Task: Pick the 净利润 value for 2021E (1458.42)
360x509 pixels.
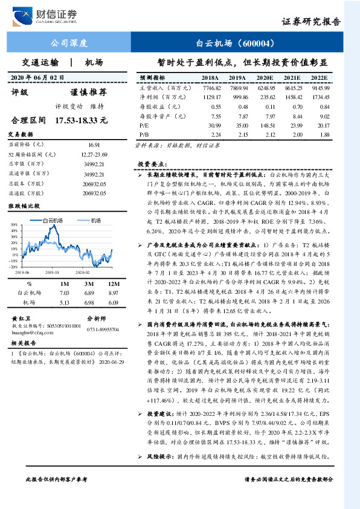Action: [x=293, y=97]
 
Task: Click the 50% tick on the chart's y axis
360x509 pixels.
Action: [x=14, y=225]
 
